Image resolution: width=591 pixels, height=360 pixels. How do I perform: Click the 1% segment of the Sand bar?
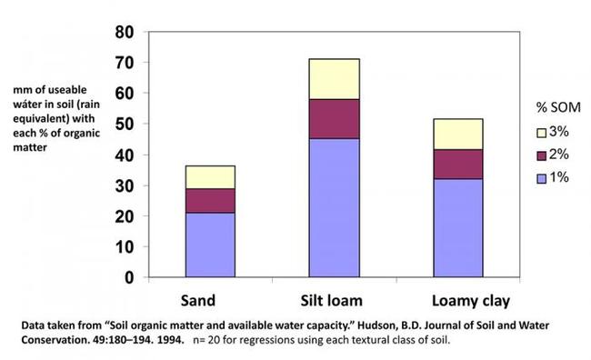point(210,245)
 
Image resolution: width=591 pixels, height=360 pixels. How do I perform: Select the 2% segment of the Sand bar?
point(210,201)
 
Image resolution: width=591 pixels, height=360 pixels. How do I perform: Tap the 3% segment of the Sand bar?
point(210,177)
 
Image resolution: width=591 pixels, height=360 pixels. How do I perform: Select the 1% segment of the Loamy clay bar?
point(457,227)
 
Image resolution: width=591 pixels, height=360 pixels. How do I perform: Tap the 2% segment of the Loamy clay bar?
point(457,164)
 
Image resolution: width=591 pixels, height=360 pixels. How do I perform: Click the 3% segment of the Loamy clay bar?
point(457,134)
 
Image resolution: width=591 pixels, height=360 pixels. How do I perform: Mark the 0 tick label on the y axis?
point(130,277)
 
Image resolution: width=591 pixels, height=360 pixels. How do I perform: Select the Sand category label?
point(210,299)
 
